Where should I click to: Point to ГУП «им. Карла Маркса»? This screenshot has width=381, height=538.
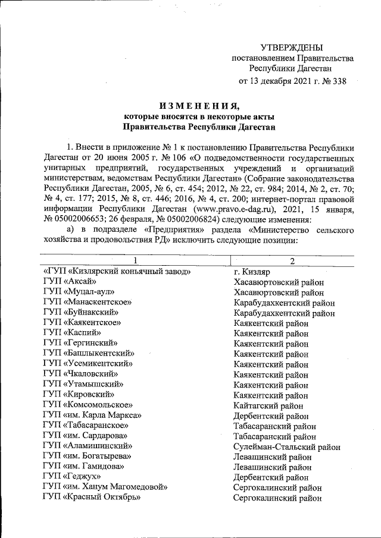point(92,415)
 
